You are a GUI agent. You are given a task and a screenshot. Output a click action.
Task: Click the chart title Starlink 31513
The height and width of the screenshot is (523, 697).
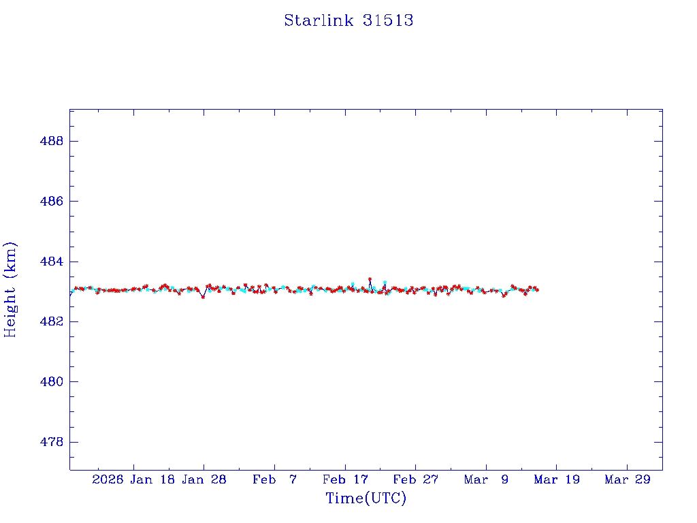pos(348,20)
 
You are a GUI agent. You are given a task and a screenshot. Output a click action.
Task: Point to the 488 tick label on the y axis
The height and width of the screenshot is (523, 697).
pos(52,141)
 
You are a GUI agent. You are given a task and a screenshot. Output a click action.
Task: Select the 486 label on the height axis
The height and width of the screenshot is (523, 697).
pos(52,202)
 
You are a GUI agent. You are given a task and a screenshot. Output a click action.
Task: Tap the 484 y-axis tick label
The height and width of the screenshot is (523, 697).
pos(52,261)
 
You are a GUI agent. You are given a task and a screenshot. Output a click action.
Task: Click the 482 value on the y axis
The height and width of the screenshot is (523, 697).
pos(52,321)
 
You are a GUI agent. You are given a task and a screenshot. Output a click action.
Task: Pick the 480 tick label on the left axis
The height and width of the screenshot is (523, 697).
pos(52,381)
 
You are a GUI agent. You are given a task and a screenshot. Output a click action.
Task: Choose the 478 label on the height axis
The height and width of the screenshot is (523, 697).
pos(52,442)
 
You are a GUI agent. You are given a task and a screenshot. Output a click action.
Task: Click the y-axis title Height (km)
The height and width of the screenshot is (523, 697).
pos(10,289)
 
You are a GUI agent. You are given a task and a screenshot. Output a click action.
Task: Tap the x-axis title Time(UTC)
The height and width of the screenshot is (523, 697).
pos(366,498)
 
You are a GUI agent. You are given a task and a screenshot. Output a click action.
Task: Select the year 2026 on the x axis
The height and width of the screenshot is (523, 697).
pos(108,479)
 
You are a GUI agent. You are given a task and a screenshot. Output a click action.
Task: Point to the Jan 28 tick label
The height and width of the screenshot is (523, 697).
pos(204,479)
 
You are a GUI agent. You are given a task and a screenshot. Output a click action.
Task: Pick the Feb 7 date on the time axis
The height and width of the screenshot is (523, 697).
pos(274,479)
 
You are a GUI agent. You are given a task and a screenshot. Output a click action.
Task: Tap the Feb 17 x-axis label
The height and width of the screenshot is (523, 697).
pos(345,479)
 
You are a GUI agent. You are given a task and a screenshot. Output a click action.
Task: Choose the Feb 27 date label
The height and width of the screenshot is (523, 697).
pos(415,479)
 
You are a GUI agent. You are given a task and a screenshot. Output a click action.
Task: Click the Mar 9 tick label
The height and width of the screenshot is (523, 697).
pos(486,479)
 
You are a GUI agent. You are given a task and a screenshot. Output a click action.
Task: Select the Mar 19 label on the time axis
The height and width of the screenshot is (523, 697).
pos(557,479)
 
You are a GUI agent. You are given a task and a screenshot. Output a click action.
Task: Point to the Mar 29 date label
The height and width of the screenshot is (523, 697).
pos(628,479)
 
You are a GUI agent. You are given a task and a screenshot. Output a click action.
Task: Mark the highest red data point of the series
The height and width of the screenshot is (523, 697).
pos(370,279)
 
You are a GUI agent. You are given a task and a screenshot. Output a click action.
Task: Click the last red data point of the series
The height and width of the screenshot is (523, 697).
pos(538,290)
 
